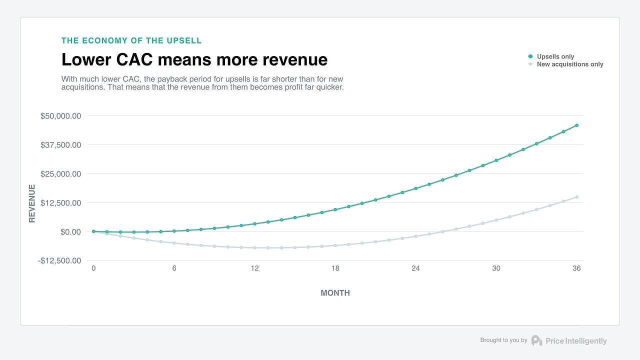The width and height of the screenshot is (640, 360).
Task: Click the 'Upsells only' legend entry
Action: point(555,56)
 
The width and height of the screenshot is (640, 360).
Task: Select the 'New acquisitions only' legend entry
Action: point(569,64)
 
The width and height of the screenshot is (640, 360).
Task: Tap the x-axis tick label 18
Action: point(335,268)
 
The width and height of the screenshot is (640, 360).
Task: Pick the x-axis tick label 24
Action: point(415,268)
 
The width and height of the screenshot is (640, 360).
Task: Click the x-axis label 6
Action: point(174,268)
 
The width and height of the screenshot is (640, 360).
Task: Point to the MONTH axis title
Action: point(335,293)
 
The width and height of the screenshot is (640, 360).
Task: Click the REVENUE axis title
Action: point(32,203)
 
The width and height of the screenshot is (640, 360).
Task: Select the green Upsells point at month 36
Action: point(576,125)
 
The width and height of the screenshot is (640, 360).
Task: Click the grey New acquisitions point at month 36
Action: point(576,197)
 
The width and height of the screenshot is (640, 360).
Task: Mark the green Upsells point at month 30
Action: point(496,160)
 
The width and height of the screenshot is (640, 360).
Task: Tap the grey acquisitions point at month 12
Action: point(254,247)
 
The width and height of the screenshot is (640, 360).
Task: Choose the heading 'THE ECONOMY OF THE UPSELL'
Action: point(131,40)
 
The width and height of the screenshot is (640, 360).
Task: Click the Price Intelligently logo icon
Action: point(536,340)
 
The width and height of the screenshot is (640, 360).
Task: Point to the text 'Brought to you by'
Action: point(503,340)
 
